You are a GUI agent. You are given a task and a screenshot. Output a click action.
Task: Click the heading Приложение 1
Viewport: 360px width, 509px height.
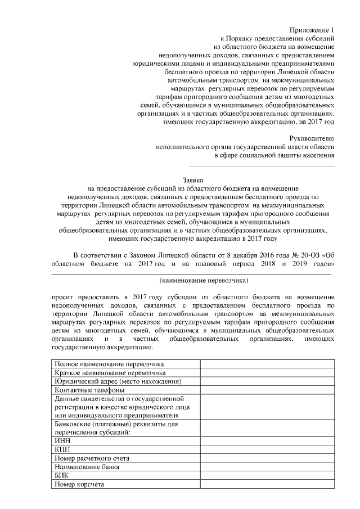click(312, 29)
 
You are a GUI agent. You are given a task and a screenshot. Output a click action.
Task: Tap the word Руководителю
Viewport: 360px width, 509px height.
click(312, 138)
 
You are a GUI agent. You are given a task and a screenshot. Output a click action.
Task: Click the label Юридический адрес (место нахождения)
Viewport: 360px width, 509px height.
click(118, 381)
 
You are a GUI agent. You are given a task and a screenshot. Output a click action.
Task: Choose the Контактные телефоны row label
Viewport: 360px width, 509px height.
click(89, 390)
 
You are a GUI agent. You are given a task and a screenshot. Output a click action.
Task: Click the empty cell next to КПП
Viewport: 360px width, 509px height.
click(268, 450)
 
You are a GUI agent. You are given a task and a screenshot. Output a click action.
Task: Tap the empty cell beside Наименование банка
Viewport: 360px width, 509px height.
click(268, 467)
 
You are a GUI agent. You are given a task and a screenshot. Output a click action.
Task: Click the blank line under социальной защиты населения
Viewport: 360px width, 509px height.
click(261, 165)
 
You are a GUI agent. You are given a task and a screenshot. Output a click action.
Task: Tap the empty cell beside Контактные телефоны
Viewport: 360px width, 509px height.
click(268, 390)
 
